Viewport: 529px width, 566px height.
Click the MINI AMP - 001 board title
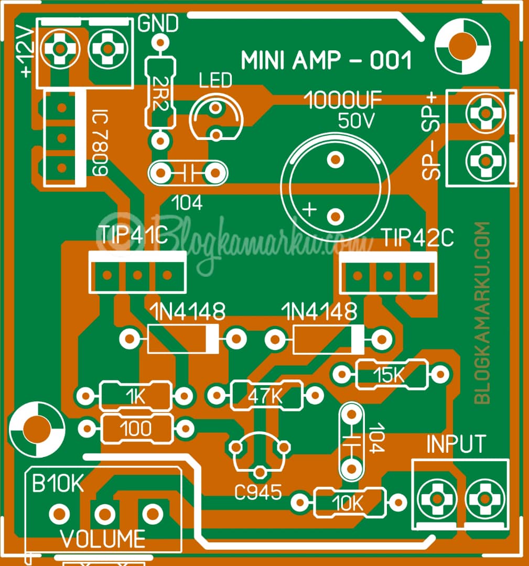click(326, 61)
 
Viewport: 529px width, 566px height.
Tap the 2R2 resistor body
click(159, 93)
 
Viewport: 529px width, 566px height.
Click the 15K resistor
click(391, 374)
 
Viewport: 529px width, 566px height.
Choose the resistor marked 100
click(136, 428)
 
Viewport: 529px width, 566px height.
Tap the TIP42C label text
click(417, 238)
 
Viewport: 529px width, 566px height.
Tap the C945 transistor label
click(258, 492)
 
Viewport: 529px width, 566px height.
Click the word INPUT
click(456, 444)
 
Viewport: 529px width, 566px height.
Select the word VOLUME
click(103, 538)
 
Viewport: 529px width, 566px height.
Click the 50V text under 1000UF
click(356, 122)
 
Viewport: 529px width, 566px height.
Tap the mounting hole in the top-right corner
click(463, 43)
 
